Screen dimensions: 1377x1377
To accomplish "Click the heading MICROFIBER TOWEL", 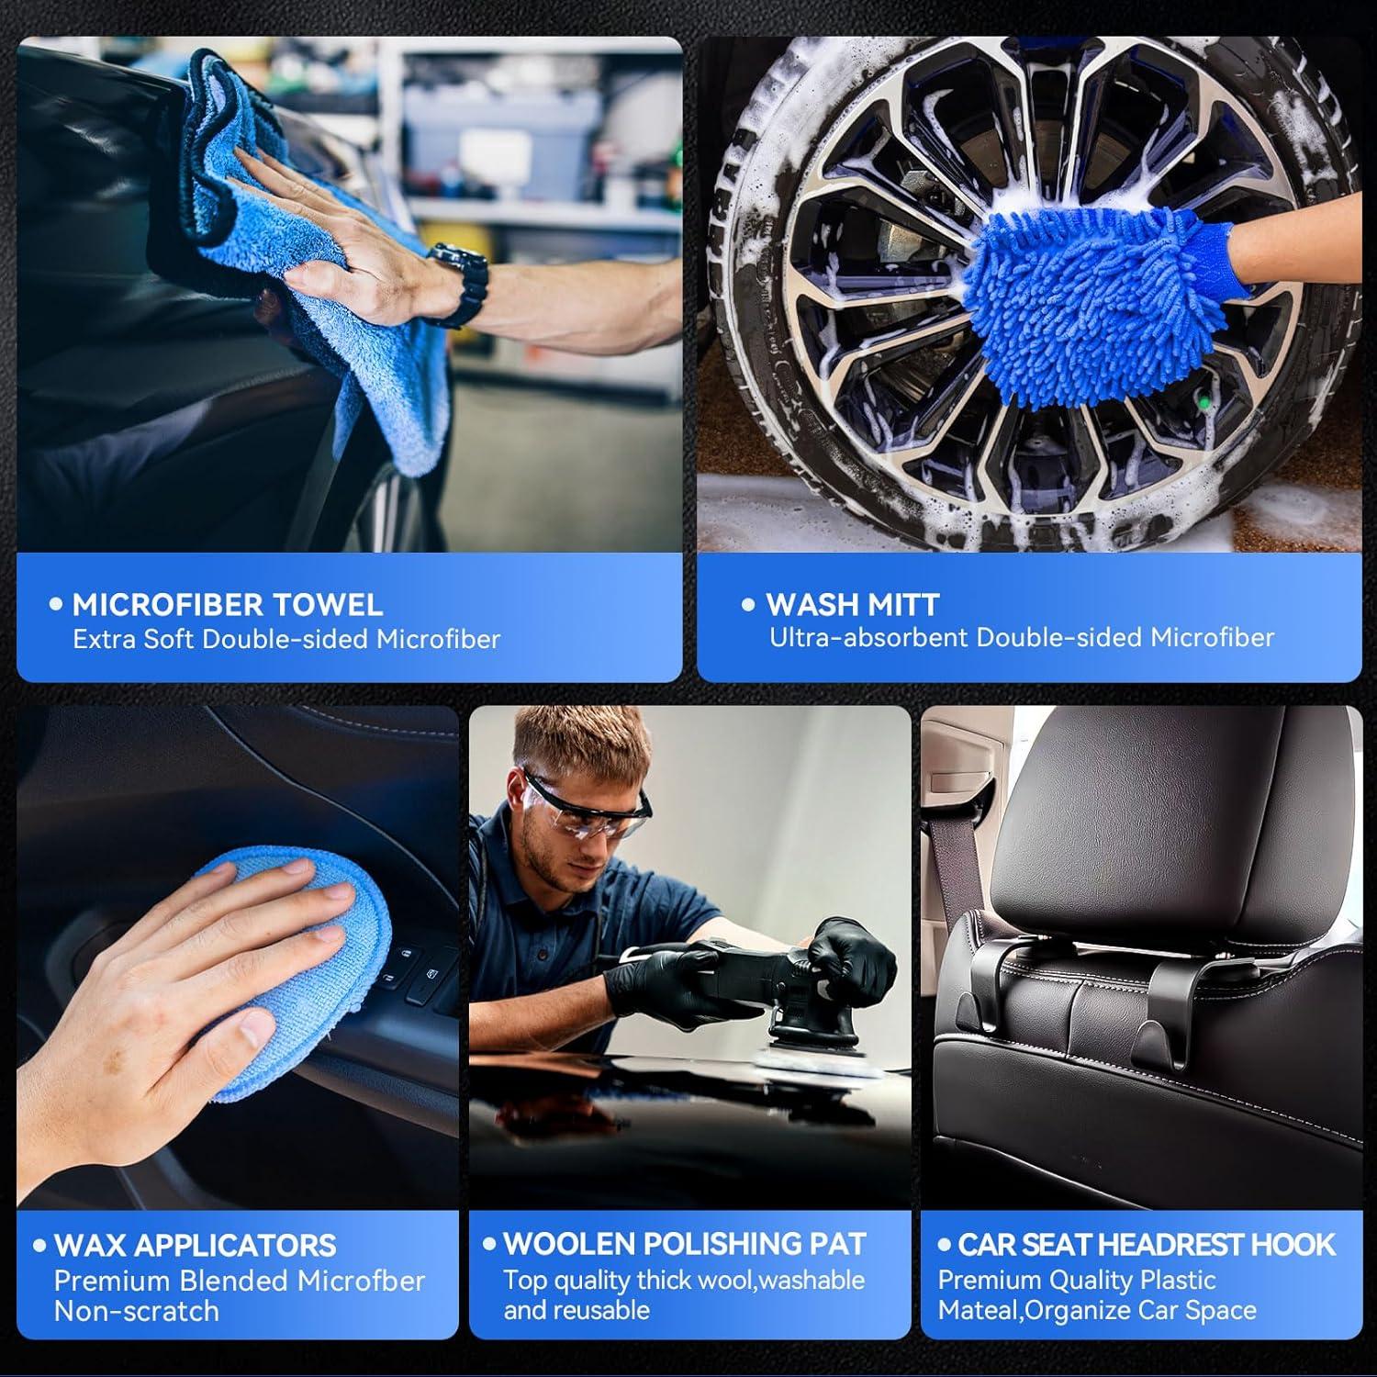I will tap(227, 604).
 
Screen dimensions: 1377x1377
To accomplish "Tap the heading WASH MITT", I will tap(852, 604).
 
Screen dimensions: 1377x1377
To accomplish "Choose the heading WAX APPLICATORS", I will tap(195, 1245).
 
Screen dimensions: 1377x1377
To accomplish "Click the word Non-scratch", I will tap(137, 1311).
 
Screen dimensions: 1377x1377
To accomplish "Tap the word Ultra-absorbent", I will tap(869, 637).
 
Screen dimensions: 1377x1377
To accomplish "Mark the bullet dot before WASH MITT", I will tap(748, 604).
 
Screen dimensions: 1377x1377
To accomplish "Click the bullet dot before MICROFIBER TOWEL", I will tap(57, 604).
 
